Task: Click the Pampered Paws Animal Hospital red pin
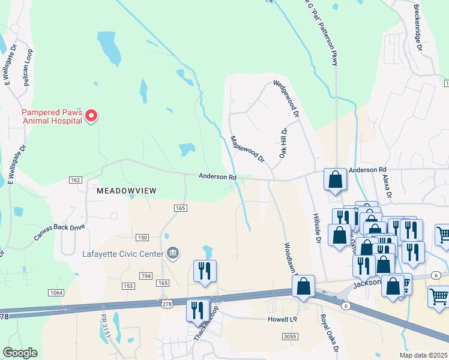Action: pyautogui.click(x=91, y=115)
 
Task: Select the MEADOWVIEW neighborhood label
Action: pyautogui.click(x=127, y=190)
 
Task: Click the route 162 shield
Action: pyautogui.click(x=75, y=180)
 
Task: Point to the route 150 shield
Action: pyautogui.click(x=142, y=238)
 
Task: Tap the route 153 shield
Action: pyautogui.click(x=128, y=286)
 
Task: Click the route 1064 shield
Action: pyautogui.click(x=56, y=292)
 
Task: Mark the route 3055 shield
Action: pyautogui.click(x=291, y=337)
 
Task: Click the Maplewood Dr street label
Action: pyautogui.click(x=247, y=149)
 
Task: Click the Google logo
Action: pyautogui.click(x=20, y=353)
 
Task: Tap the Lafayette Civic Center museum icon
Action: pyautogui.click(x=173, y=253)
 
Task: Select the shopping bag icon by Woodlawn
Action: pyautogui.click(x=304, y=287)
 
